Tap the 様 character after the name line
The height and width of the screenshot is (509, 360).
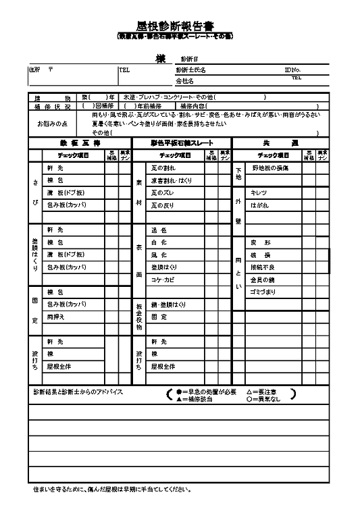click(x=160, y=59)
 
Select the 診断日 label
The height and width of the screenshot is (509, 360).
click(x=189, y=59)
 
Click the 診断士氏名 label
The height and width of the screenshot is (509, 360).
click(x=190, y=70)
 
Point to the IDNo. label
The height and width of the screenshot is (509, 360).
click(x=292, y=70)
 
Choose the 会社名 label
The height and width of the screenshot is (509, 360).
click(x=184, y=81)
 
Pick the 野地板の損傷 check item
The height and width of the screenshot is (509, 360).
click(x=270, y=167)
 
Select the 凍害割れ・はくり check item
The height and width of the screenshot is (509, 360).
click(x=172, y=180)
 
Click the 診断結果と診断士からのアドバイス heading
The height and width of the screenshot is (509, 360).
click(x=78, y=392)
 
